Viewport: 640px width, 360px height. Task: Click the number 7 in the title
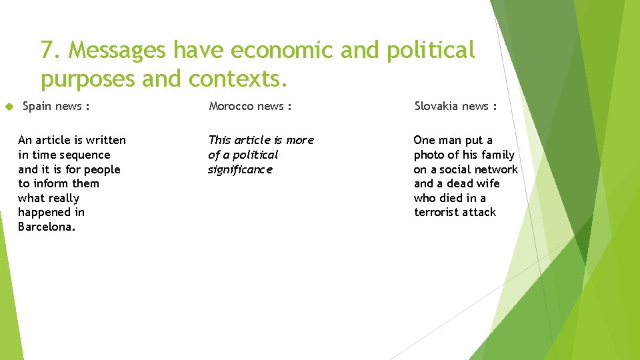(x=46, y=50)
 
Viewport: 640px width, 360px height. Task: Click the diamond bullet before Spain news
(x=9, y=106)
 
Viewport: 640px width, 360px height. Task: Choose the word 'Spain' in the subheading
(x=37, y=106)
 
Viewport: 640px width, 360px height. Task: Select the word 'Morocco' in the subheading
(x=231, y=106)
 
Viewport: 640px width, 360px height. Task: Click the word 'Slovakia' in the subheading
(x=437, y=106)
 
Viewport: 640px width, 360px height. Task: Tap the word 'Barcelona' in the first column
(x=46, y=227)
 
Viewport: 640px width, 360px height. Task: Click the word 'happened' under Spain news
(x=42, y=212)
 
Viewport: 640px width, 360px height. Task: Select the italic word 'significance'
(x=240, y=169)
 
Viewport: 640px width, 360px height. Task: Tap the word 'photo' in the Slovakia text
(x=429, y=155)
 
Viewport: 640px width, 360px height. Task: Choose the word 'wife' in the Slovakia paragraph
(x=487, y=183)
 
